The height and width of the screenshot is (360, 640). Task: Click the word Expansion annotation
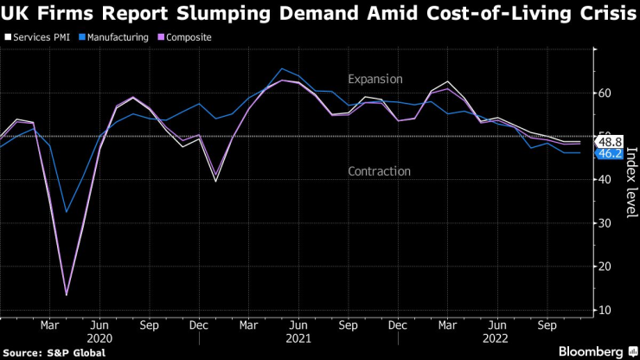[375, 79]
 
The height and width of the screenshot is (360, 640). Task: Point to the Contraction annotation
[379, 171]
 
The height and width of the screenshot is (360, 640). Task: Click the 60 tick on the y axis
[606, 93]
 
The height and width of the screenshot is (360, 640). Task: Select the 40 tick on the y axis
[606, 179]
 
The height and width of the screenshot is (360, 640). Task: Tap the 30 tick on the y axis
[606, 222]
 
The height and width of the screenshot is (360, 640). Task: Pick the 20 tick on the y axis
[606, 266]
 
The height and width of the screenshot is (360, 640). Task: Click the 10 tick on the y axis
[606, 309]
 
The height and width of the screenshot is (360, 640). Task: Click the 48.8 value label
[610, 141]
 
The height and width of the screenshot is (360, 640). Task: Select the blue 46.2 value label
[610, 153]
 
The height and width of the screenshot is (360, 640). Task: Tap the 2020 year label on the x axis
[100, 339]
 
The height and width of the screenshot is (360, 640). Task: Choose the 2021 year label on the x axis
[298, 339]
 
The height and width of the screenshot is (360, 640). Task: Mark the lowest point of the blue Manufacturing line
[67, 212]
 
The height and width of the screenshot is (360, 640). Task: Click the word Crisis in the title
[591, 14]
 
